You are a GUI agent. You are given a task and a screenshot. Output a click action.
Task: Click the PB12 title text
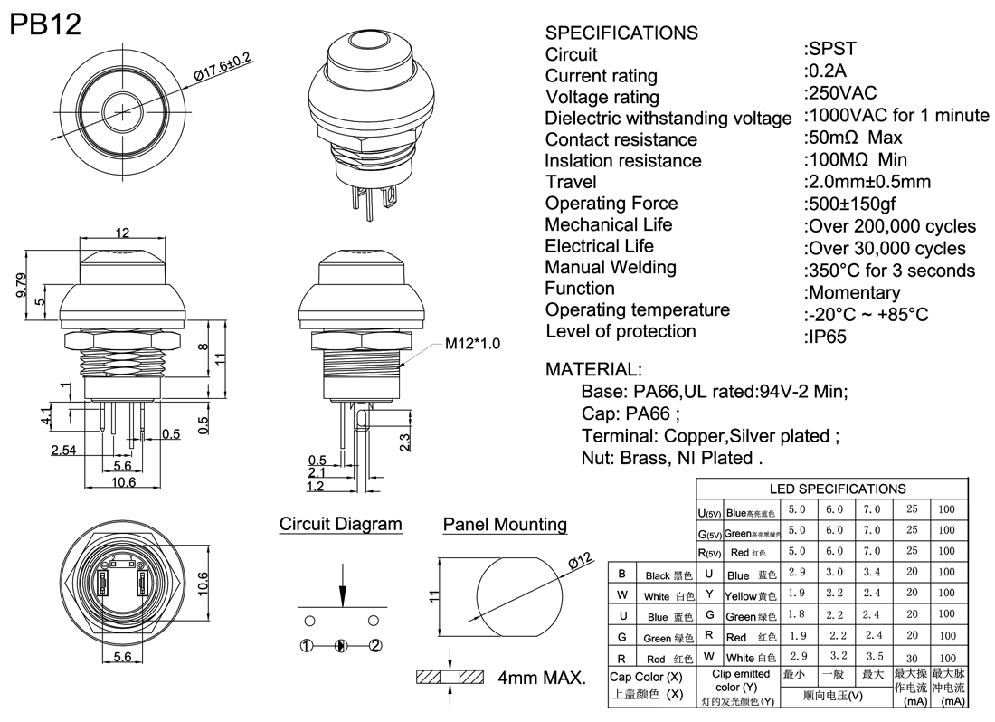[45, 24]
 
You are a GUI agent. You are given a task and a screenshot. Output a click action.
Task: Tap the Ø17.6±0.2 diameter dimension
[222, 68]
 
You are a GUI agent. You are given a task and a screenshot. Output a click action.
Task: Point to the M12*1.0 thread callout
[472, 344]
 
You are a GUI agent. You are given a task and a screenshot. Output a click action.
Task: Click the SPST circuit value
[829, 49]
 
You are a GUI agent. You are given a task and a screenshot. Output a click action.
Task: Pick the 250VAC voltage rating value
[840, 92]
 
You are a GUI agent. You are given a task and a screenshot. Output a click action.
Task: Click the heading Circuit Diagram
[340, 524]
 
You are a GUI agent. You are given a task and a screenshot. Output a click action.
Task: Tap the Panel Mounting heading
[505, 525]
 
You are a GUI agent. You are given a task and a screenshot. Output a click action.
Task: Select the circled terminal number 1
[308, 645]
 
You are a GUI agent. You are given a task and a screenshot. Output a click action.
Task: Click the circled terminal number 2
[375, 645]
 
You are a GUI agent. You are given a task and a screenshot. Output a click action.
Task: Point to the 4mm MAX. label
[542, 677]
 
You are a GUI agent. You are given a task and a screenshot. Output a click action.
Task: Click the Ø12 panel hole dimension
[580, 561]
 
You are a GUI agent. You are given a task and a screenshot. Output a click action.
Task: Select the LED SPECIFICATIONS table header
[837, 489]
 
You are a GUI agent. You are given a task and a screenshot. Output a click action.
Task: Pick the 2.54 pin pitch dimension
[63, 450]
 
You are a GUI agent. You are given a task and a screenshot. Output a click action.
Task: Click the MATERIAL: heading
[593, 369]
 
